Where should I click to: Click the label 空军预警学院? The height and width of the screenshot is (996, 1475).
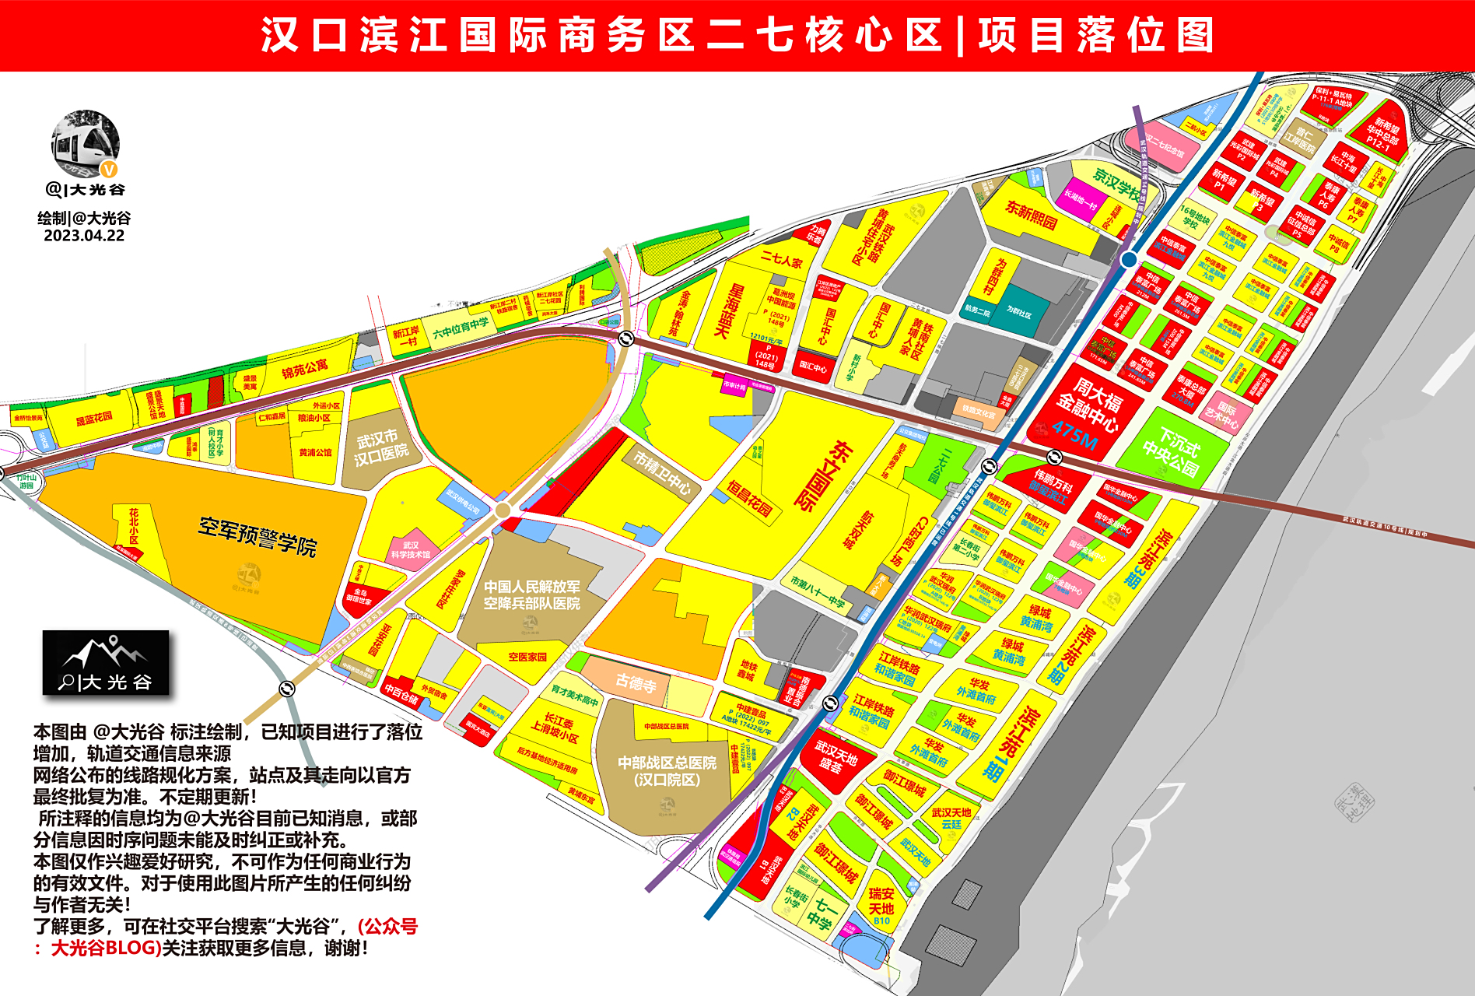click(x=258, y=536)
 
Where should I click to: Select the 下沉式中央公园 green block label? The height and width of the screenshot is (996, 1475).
click(x=1172, y=452)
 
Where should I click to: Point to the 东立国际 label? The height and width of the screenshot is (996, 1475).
click(x=828, y=475)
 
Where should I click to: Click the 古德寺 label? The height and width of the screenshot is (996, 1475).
click(x=636, y=682)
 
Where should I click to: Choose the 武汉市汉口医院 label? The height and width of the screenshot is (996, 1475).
click(x=380, y=447)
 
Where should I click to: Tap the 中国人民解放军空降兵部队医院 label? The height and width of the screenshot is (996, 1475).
click(x=531, y=594)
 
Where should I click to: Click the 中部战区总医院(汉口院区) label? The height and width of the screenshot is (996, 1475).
click(x=667, y=770)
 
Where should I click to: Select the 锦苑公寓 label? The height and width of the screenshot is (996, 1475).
click(x=304, y=368)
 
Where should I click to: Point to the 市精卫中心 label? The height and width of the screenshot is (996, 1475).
click(x=662, y=472)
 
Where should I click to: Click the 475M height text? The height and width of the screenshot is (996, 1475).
click(x=1074, y=437)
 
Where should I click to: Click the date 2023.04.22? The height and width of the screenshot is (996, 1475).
click(x=84, y=236)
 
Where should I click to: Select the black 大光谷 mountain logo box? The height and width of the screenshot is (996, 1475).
click(x=106, y=662)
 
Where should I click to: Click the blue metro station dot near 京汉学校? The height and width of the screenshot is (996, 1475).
click(x=1129, y=259)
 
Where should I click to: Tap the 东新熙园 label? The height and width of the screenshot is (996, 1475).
click(x=1031, y=214)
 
